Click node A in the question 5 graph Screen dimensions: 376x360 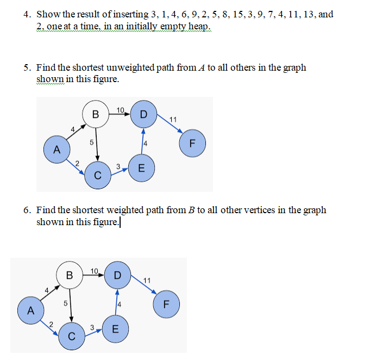57,147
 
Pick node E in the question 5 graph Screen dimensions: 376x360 142,167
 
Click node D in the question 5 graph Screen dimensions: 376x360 143,115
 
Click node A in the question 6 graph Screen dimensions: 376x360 30,311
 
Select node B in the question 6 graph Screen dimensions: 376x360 70,276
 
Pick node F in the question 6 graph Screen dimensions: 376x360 166,304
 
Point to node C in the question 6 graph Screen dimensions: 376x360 71,336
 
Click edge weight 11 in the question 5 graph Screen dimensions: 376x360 173,120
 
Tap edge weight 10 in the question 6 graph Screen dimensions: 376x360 94,271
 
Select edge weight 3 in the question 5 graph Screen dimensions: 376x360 118,166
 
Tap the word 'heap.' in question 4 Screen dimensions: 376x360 198,27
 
